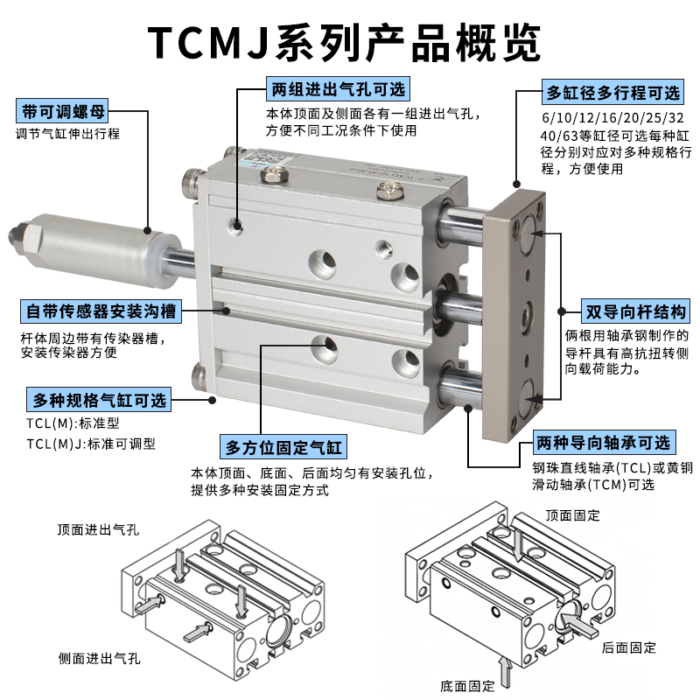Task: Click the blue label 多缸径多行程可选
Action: click(612, 93)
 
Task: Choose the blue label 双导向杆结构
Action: click(635, 311)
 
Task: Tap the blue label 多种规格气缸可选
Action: click(98, 401)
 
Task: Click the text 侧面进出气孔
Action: click(99, 658)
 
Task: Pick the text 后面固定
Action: click(629, 647)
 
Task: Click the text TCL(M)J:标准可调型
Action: click(91, 444)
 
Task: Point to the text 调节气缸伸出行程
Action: click(67, 135)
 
